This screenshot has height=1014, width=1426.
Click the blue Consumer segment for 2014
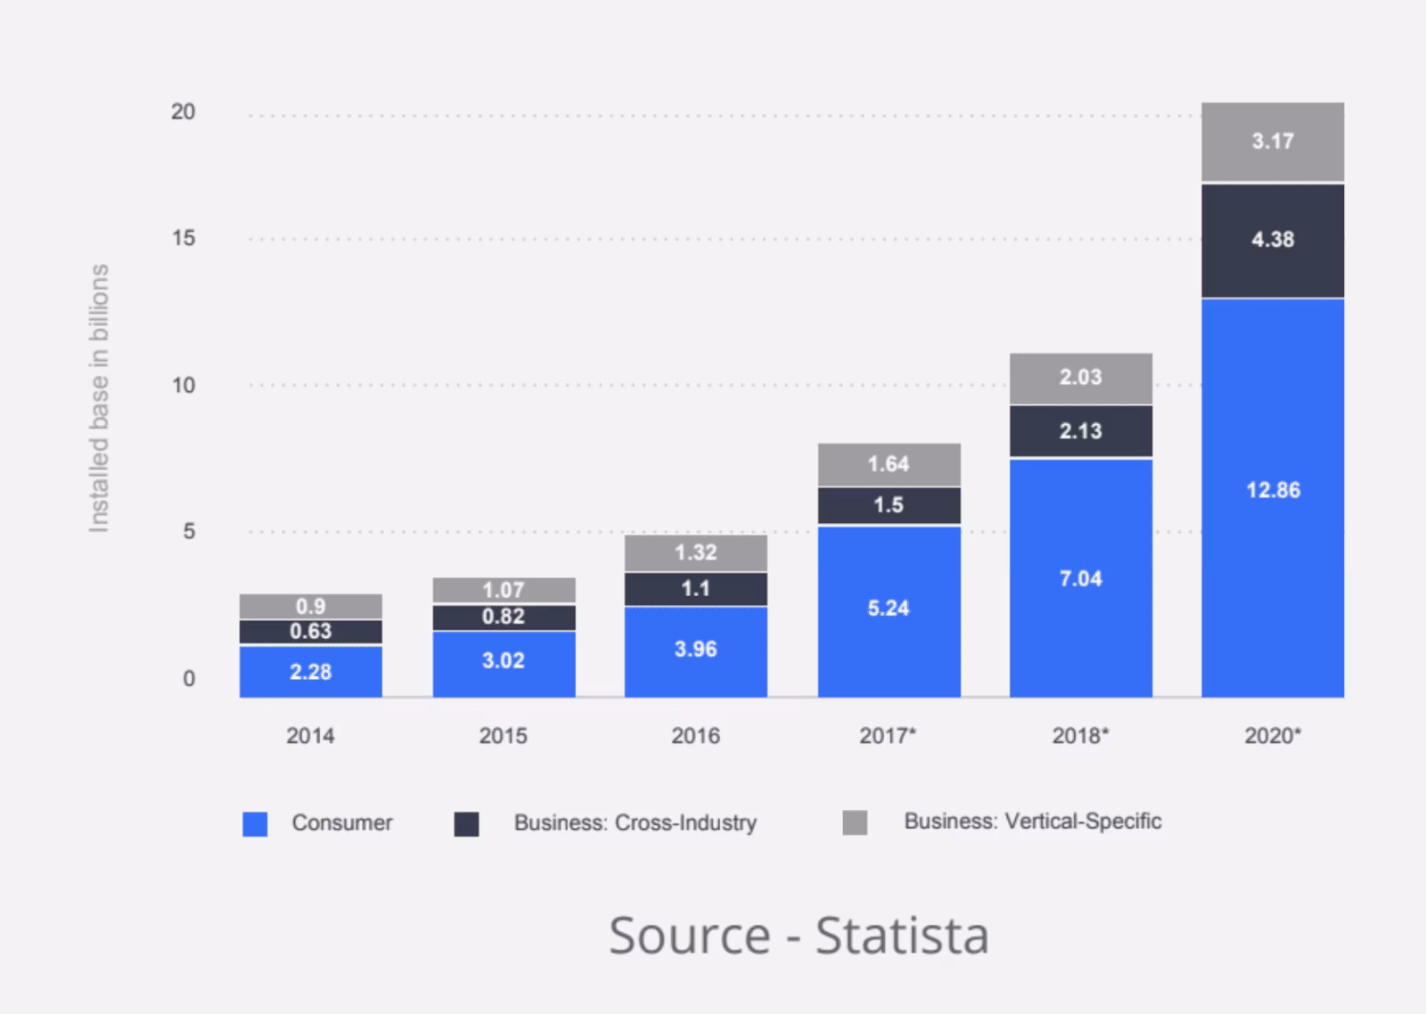tap(311, 672)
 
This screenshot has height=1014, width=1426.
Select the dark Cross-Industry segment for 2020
tap(1273, 241)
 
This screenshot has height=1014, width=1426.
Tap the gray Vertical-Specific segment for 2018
tap(1080, 379)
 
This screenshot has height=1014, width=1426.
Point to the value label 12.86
tap(1273, 490)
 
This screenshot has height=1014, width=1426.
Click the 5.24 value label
tap(888, 608)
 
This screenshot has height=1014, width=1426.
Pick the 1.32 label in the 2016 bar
tap(695, 552)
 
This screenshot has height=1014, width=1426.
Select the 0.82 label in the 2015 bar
tap(503, 617)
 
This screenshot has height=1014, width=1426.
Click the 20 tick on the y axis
tap(183, 112)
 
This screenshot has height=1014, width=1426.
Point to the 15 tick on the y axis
tap(184, 238)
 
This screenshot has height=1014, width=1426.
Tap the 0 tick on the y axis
tap(189, 679)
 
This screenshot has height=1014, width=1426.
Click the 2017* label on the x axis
tap(888, 736)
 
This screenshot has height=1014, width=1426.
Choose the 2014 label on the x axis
tap(310, 736)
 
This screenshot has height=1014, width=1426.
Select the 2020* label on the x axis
tap(1273, 736)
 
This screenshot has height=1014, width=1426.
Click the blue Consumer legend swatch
tap(255, 823)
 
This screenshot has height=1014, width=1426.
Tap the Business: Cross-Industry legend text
tap(635, 822)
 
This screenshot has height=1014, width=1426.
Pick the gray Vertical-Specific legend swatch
tap(855, 822)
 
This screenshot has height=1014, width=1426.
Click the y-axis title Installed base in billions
tap(99, 398)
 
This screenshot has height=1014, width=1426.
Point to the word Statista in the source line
tap(902, 936)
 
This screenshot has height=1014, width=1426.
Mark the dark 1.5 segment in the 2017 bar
tap(889, 506)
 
